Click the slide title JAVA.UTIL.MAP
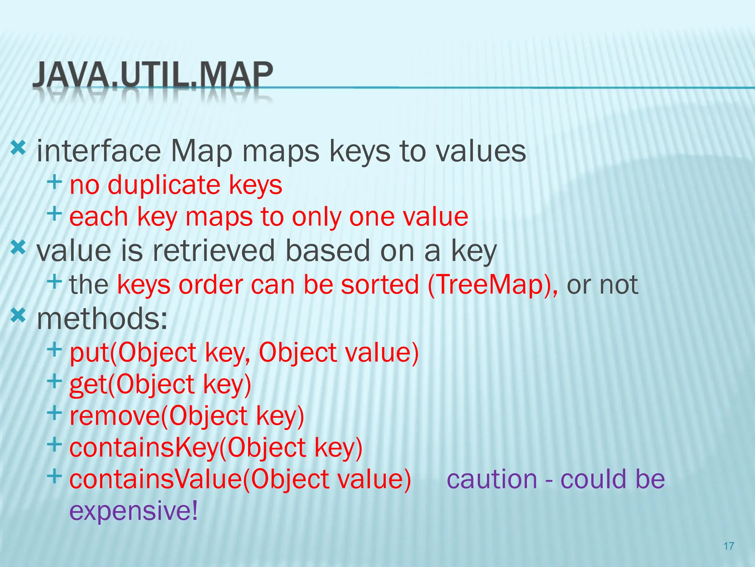[153, 75]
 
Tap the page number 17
[729, 546]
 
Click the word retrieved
[214, 251]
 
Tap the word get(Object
[132, 384]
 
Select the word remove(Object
[159, 416]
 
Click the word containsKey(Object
[187, 447]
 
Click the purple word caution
[492, 479]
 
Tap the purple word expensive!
[133, 511]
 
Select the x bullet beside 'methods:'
[18, 316]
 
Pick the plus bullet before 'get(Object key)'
[54, 381]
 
